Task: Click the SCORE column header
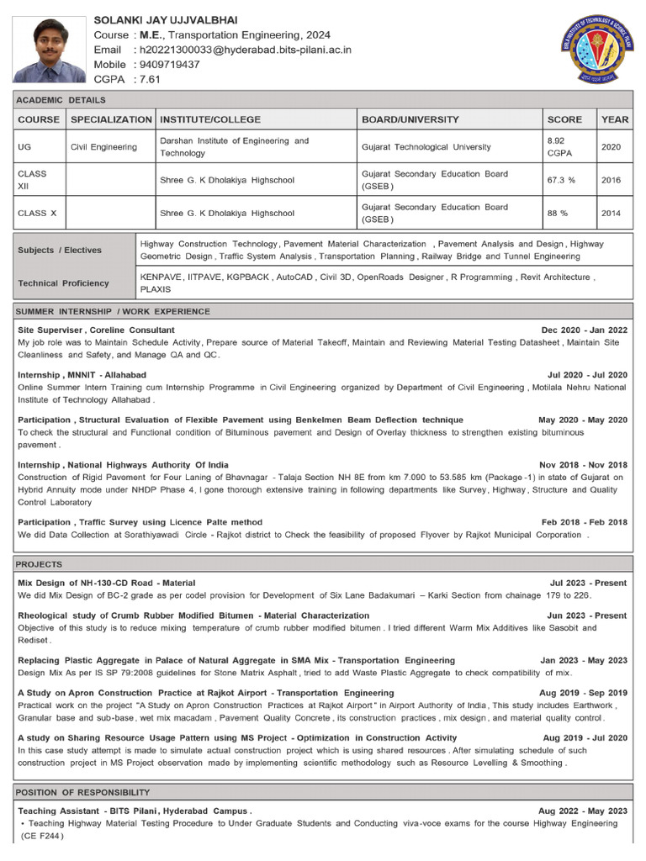564,119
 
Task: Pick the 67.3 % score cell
561,180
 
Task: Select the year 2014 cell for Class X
612,213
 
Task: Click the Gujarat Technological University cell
426,147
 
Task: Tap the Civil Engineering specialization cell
103,147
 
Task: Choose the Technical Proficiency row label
63,283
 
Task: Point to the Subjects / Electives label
59,250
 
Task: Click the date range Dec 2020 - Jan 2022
584,330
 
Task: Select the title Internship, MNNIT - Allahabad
82,374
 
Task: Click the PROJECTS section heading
40,564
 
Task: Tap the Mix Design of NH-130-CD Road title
106,583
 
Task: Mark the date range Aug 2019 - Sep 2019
585,693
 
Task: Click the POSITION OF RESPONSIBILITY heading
83,792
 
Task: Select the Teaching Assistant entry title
135,811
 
